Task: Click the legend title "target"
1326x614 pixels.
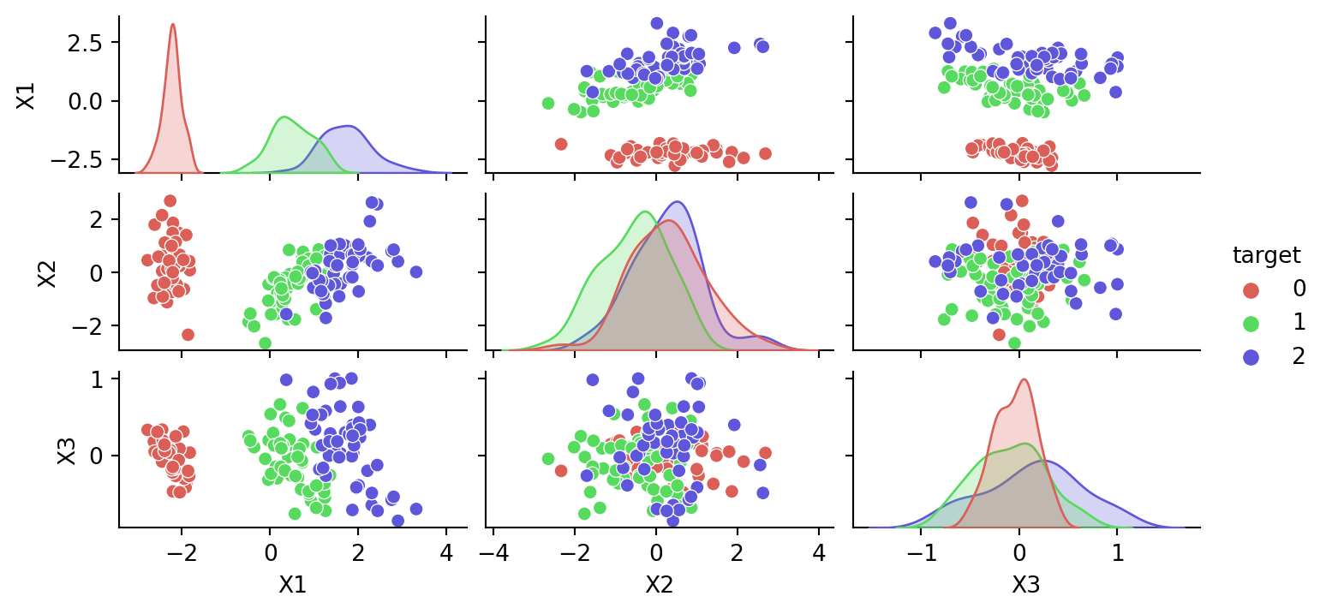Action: [x=1267, y=254]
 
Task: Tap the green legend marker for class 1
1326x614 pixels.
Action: [x=1250, y=323]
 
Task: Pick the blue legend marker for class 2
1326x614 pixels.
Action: [x=1250, y=357]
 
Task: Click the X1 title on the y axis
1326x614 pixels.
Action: [x=26, y=95]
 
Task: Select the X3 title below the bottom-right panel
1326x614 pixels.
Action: [x=1026, y=585]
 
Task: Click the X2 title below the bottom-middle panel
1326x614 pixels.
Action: [x=655, y=585]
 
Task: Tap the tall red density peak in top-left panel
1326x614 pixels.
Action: [x=173, y=25]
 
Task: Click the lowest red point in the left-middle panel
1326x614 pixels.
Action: [x=188, y=334]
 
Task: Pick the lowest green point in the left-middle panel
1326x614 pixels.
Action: [x=266, y=343]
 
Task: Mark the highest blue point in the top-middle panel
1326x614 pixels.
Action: [x=657, y=23]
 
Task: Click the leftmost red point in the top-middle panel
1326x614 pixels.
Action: [x=561, y=144]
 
